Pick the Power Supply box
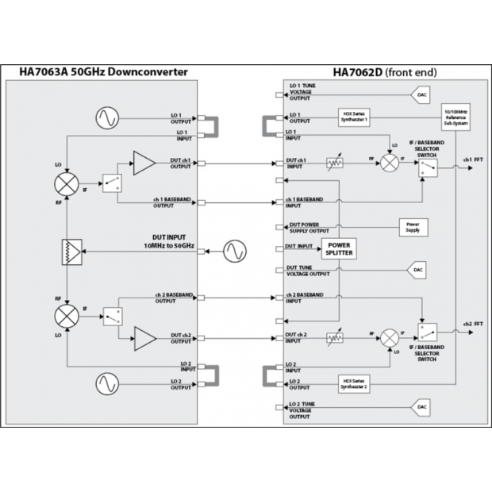(413, 226)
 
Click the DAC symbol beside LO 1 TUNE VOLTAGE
(420, 94)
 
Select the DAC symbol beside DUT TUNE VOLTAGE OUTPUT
(420, 270)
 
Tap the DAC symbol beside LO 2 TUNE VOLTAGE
(420, 407)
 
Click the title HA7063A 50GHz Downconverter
(103, 72)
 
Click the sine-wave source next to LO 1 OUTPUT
(106, 118)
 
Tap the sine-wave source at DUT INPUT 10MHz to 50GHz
(234, 251)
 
